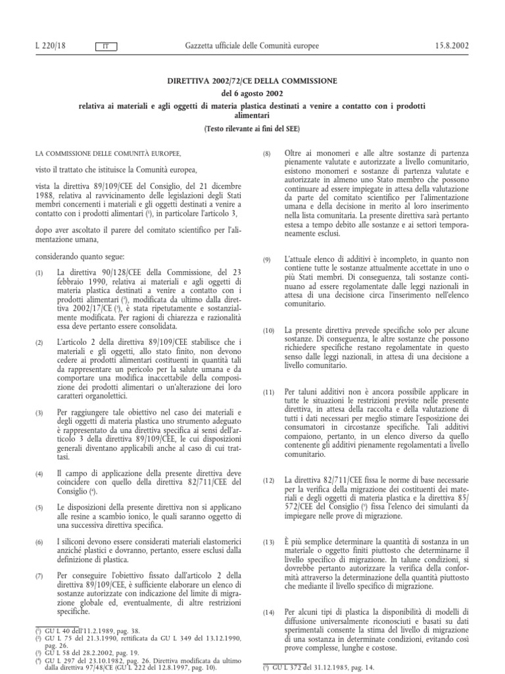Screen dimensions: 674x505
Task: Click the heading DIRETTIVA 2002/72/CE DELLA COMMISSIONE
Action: [x=252, y=81]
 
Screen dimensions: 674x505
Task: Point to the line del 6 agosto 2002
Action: [x=252, y=93]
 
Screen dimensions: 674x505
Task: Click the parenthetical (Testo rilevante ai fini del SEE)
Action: [x=252, y=129]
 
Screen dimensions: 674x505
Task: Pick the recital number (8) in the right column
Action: [x=267, y=153]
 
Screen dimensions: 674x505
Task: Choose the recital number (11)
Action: [x=268, y=392]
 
